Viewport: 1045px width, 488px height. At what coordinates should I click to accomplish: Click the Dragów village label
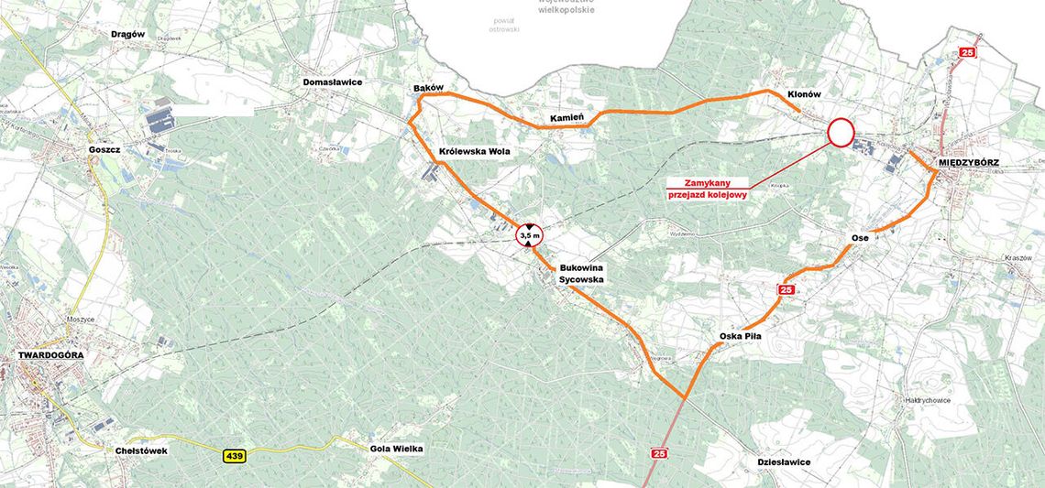click(128, 34)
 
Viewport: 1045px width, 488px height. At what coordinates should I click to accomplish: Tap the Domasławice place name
click(333, 82)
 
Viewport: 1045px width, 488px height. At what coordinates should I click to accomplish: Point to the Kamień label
click(567, 119)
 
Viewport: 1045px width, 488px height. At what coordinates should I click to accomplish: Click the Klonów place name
click(803, 94)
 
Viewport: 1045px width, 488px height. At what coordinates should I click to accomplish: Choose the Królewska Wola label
click(474, 151)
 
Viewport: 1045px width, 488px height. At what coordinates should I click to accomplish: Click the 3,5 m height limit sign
click(530, 235)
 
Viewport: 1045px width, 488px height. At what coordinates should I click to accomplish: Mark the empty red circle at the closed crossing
click(841, 133)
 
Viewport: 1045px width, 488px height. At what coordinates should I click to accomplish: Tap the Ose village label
click(860, 238)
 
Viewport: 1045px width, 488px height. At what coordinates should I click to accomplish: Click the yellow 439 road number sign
click(234, 455)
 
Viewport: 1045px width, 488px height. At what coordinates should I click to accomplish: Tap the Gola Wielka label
click(396, 449)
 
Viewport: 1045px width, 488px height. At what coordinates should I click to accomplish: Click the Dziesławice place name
click(784, 462)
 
